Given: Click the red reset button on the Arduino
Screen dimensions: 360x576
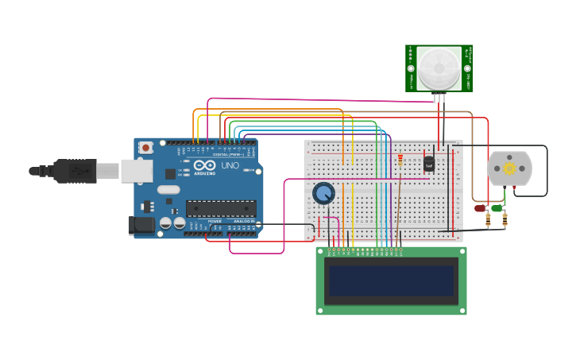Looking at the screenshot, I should (x=146, y=147).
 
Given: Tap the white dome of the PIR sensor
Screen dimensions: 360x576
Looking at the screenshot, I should (x=438, y=68).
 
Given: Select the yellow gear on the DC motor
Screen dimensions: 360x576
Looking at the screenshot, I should (x=508, y=168).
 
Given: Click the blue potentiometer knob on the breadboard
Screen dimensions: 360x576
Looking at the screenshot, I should (x=323, y=193).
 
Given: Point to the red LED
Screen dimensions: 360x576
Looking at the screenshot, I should (x=480, y=208).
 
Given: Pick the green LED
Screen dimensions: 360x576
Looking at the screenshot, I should (x=497, y=208).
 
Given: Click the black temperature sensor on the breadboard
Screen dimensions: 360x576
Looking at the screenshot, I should (x=429, y=163).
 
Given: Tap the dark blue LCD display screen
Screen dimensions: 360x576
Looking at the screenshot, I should (x=391, y=281).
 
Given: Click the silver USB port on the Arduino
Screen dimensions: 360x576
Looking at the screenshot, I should (x=137, y=170).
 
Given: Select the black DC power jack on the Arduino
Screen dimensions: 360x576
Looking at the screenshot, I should (x=142, y=225).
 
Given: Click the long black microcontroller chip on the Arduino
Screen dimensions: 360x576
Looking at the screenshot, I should (x=221, y=208).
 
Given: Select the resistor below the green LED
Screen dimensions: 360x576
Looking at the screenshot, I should (x=504, y=220).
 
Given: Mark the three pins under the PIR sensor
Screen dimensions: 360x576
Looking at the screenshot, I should (x=439, y=98).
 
